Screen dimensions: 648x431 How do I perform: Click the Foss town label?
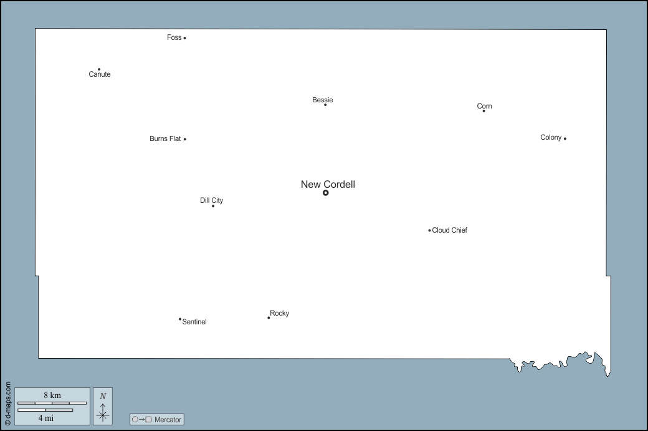point(174,37)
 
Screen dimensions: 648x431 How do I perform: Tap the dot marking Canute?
point(99,69)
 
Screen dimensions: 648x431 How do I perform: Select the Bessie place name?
point(322,100)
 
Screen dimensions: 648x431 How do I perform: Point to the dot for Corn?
point(484,111)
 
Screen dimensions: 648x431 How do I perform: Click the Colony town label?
point(551,138)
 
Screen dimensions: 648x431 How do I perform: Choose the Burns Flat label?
point(165,138)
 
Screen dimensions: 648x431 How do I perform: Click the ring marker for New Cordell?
point(326,193)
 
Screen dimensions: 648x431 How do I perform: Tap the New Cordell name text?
point(328,185)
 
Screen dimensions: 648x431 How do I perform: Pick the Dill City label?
point(212,201)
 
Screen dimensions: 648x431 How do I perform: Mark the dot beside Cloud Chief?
point(429,230)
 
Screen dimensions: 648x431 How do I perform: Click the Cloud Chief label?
point(450,230)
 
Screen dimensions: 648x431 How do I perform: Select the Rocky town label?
point(279,314)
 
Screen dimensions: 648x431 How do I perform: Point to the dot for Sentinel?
point(180,319)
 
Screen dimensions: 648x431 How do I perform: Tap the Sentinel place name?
point(194,322)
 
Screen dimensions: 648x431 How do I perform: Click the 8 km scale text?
point(52,395)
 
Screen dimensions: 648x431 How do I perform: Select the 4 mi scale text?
point(46,418)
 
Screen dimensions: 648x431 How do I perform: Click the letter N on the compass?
point(103,396)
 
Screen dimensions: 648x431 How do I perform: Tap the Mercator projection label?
point(168,420)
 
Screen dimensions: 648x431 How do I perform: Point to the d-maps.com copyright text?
point(8,404)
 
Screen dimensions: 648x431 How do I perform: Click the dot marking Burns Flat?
point(184,139)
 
